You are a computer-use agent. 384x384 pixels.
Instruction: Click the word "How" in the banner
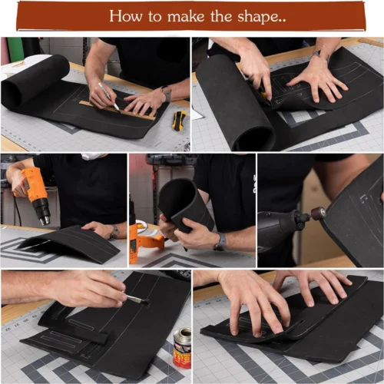point(126,16)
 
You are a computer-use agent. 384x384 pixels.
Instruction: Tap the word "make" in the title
point(186,16)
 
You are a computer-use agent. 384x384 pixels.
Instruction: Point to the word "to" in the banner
point(155,17)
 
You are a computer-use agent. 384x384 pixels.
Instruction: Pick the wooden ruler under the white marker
point(117,110)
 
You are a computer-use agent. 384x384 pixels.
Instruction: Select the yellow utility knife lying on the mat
point(179,121)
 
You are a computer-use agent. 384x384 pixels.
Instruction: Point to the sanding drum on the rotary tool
point(318,213)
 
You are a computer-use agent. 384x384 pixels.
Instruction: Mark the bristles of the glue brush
point(145,302)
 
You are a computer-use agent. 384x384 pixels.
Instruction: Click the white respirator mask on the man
point(93,156)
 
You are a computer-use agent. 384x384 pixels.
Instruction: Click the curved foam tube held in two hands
point(185,205)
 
